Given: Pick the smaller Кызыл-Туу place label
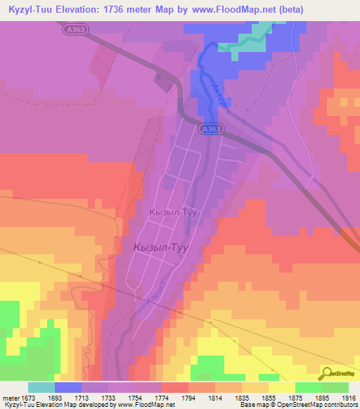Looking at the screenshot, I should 172,212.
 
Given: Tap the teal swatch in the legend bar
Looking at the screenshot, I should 41,387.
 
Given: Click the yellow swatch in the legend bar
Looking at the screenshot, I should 281,387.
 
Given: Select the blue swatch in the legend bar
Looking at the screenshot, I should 68,387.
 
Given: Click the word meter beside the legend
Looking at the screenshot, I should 11,398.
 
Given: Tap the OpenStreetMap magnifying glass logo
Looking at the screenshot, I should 326,374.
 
